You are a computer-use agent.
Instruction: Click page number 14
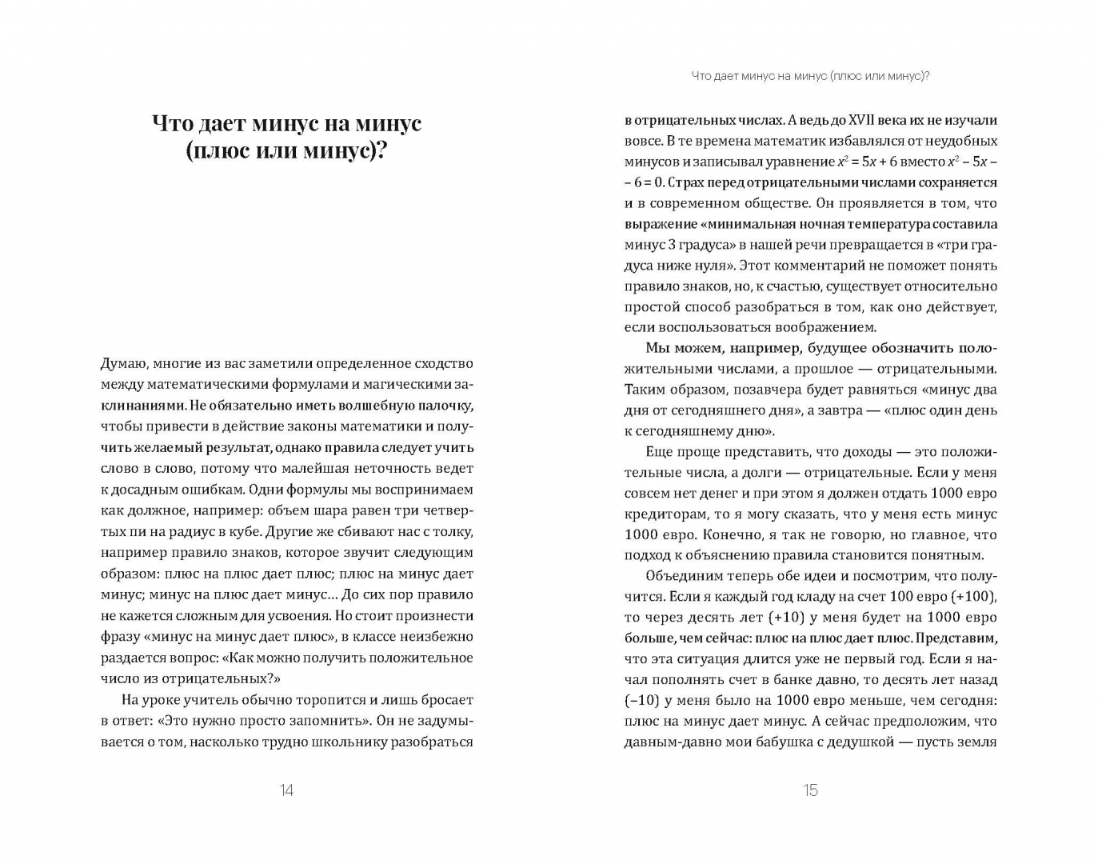(286, 790)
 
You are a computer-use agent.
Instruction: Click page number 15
(810, 790)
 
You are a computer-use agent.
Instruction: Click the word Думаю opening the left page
(123, 364)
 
